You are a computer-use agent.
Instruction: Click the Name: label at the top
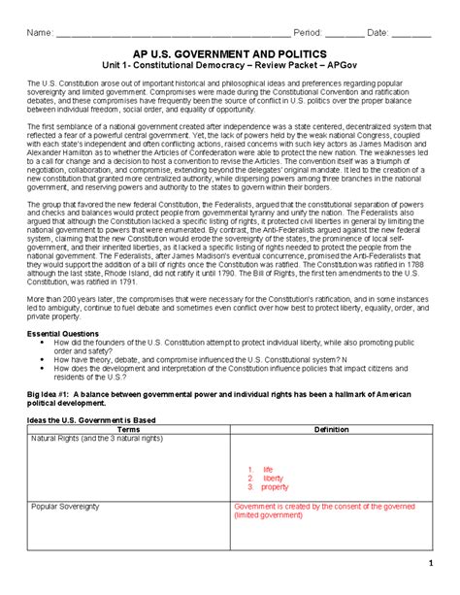click(x=40, y=34)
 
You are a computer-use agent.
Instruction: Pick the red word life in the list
click(x=268, y=469)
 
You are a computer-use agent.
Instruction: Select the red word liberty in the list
click(x=273, y=478)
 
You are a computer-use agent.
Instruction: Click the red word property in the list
click(x=275, y=487)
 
